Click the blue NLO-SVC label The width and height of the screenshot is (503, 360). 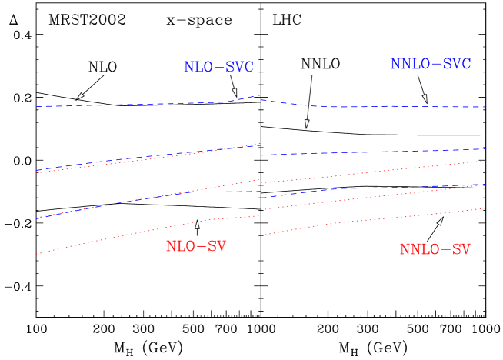point(218,68)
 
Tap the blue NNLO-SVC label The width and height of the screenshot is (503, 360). point(430,65)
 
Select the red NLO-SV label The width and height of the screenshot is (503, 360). point(196,247)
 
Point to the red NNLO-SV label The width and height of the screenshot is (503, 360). point(435,250)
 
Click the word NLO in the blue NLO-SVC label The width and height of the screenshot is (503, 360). point(198,68)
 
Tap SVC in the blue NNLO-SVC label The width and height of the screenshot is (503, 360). point(456,65)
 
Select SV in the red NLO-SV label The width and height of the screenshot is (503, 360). point(217,247)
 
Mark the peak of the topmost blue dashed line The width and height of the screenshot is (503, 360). point(258,96)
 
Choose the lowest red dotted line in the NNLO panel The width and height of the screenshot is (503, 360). point(377,219)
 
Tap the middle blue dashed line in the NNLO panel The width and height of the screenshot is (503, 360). point(377,152)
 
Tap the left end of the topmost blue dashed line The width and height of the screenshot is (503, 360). point(37,107)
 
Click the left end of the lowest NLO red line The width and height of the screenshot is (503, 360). point(37,254)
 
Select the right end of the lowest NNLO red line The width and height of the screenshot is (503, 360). point(485,208)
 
